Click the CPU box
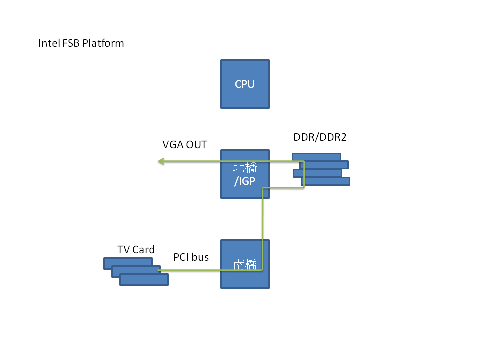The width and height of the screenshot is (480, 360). [245, 84]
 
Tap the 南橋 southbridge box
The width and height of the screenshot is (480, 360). [245, 264]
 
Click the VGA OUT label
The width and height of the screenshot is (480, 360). [185, 145]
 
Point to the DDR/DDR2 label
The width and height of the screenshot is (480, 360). [320, 137]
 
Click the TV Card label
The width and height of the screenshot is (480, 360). [136, 249]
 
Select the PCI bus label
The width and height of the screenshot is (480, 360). [191, 257]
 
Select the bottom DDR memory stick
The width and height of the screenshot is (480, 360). [326, 181]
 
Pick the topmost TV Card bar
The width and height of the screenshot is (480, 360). [128, 261]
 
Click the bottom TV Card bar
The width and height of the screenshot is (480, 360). [144, 280]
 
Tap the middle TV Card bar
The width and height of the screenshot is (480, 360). [136, 270]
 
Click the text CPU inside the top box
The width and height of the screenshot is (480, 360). [245, 84]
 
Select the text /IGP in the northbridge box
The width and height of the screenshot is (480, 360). [245, 180]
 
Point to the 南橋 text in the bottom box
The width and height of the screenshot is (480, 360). [245, 264]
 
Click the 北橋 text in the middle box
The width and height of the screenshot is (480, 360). [245, 168]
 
